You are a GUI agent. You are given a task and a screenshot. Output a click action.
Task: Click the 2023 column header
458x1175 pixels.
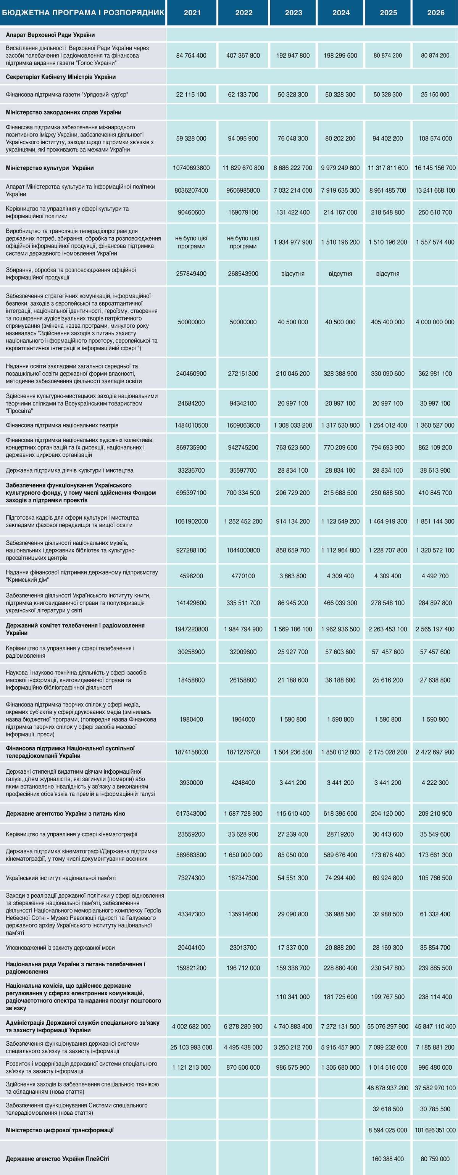click(x=294, y=13)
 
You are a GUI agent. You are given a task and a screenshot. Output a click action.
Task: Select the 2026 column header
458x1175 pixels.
click(x=435, y=13)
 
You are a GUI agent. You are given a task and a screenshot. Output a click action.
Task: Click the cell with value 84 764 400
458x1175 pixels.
click(x=191, y=56)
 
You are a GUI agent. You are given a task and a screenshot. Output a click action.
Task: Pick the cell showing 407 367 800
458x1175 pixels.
click(x=243, y=56)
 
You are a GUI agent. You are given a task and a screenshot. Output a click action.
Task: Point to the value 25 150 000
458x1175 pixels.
click(x=435, y=95)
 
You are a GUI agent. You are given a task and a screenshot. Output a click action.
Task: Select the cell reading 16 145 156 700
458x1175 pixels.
click(x=435, y=168)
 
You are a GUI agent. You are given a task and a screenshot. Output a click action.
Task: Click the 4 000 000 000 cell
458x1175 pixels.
click(x=435, y=322)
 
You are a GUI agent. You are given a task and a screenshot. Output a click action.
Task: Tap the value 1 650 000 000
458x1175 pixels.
click(x=243, y=855)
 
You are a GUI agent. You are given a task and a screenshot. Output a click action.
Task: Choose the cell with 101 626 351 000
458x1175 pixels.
click(x=435, y=1130)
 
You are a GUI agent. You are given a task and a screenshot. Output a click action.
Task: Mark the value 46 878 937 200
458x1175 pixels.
click(x=388, y=1088)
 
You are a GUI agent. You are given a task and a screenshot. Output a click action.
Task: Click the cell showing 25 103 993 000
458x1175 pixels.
click(x=191, y=1047)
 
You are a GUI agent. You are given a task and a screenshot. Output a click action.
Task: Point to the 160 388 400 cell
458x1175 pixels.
click(x=388, y=1159)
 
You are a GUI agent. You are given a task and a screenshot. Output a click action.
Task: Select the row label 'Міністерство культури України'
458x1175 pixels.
click(x=50, y=168)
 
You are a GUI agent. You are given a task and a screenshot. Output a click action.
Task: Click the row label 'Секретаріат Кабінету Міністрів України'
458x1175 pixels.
click(x=61, y=77)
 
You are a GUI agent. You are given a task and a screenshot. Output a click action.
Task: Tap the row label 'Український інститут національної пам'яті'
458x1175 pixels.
click(x=61, y=877)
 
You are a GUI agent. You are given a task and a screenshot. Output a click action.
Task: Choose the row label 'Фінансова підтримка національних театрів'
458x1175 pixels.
click(x=62, y=425)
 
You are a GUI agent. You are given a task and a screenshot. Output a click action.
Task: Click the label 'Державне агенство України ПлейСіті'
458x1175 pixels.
click(x=58, y=1159)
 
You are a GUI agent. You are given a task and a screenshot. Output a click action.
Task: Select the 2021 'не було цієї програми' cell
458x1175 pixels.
click(x=191, y=242)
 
